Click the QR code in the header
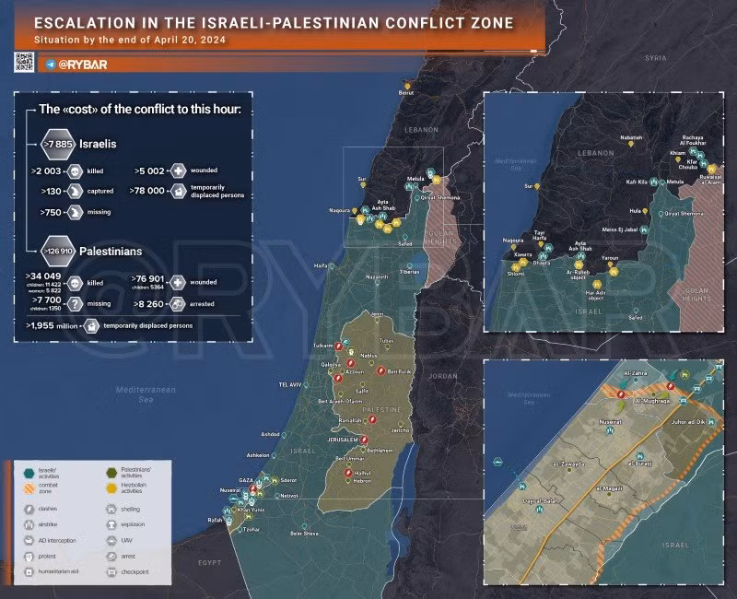click(x=24, y=62)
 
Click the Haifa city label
click(x=321, y=266)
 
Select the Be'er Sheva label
click(x=304, y=534)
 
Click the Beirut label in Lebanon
click(x=406, y=93)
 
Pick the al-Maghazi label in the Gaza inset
click(x=612, y=487)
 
